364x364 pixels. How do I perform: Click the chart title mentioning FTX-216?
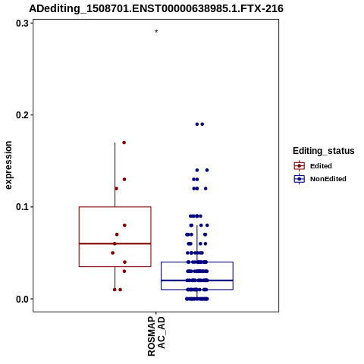click(156, 8)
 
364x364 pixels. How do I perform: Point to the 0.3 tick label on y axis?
click(22, 24)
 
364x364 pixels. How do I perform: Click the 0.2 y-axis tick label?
click(22, 115)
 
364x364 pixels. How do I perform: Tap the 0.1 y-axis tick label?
click(22, 207)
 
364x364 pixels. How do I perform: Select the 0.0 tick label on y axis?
click(22, 299)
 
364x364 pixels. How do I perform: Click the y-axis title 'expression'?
click(8, 165)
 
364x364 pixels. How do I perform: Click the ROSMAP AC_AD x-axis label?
click(156, 336)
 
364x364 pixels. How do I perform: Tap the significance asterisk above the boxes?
click(156, 31)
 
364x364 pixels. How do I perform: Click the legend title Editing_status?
click(324, 151)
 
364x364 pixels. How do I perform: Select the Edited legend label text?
click(321, 166)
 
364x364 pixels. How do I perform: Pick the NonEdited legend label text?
click(328, 179)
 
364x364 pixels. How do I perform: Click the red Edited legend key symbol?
click(300, 166)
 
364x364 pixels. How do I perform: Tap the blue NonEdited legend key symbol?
click(300, 179)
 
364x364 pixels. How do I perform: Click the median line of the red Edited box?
click(115, 243)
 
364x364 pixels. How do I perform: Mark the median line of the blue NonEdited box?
click(197, 281)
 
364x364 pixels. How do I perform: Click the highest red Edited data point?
click(124, 143)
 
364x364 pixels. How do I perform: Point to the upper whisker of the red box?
click(115, 174)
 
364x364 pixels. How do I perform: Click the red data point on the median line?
click(115, 243)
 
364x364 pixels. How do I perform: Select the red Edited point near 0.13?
click(124, 180)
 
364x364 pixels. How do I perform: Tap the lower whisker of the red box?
click(115, 278)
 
